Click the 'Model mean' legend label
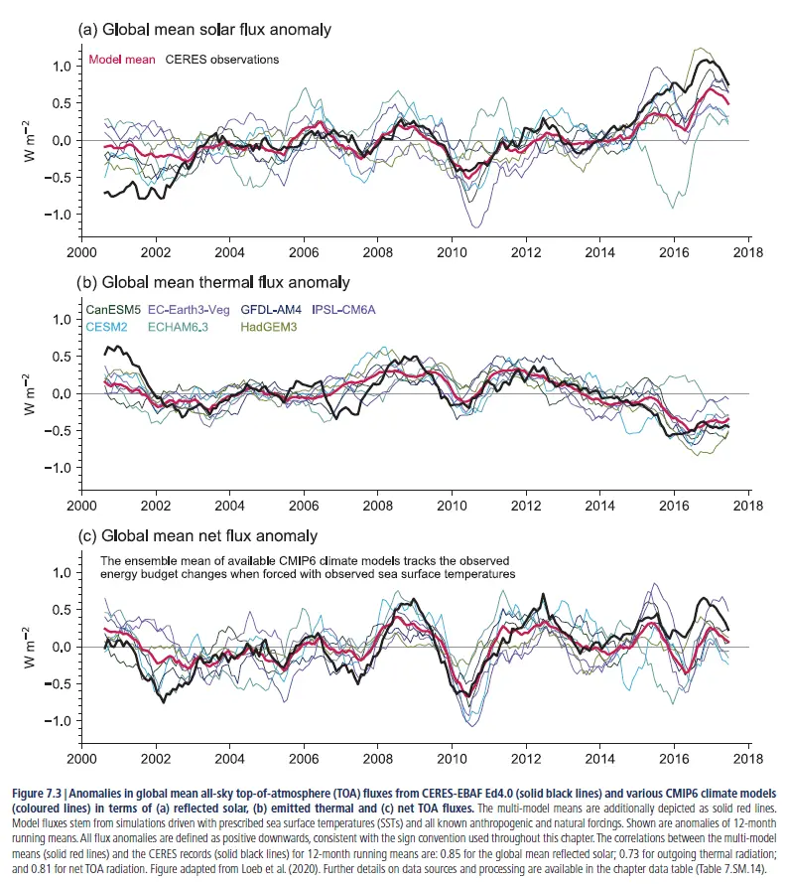click(x=122, y=60)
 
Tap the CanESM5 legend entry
click(x=115, y=311)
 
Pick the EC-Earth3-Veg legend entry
click(x=194, y=311)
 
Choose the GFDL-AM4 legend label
click(x=275, y=311)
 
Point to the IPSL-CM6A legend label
click(x=346, y=311)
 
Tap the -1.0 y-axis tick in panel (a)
click(x=61, y=215)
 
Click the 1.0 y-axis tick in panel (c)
click(x=64, y=573)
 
